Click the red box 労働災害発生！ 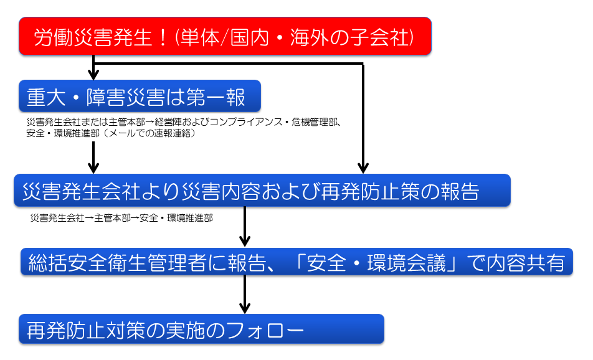click(x=225, y=36)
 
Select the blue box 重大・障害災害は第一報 click(x=140, y=96)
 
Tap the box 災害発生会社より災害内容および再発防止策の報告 click(x=262, y=190)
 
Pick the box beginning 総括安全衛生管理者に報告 click(x=297, y=262)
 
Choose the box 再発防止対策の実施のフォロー click(x=202, y=329)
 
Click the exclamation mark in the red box click(x=163, y=37)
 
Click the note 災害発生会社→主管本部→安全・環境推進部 click(x=121, y=218)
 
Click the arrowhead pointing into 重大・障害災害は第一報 click(x=93, y=75)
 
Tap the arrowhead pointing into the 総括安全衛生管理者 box click(x=245, y=242)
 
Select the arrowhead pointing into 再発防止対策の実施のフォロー click(x=245, y=308)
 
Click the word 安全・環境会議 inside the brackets click(x=376, y=263)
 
